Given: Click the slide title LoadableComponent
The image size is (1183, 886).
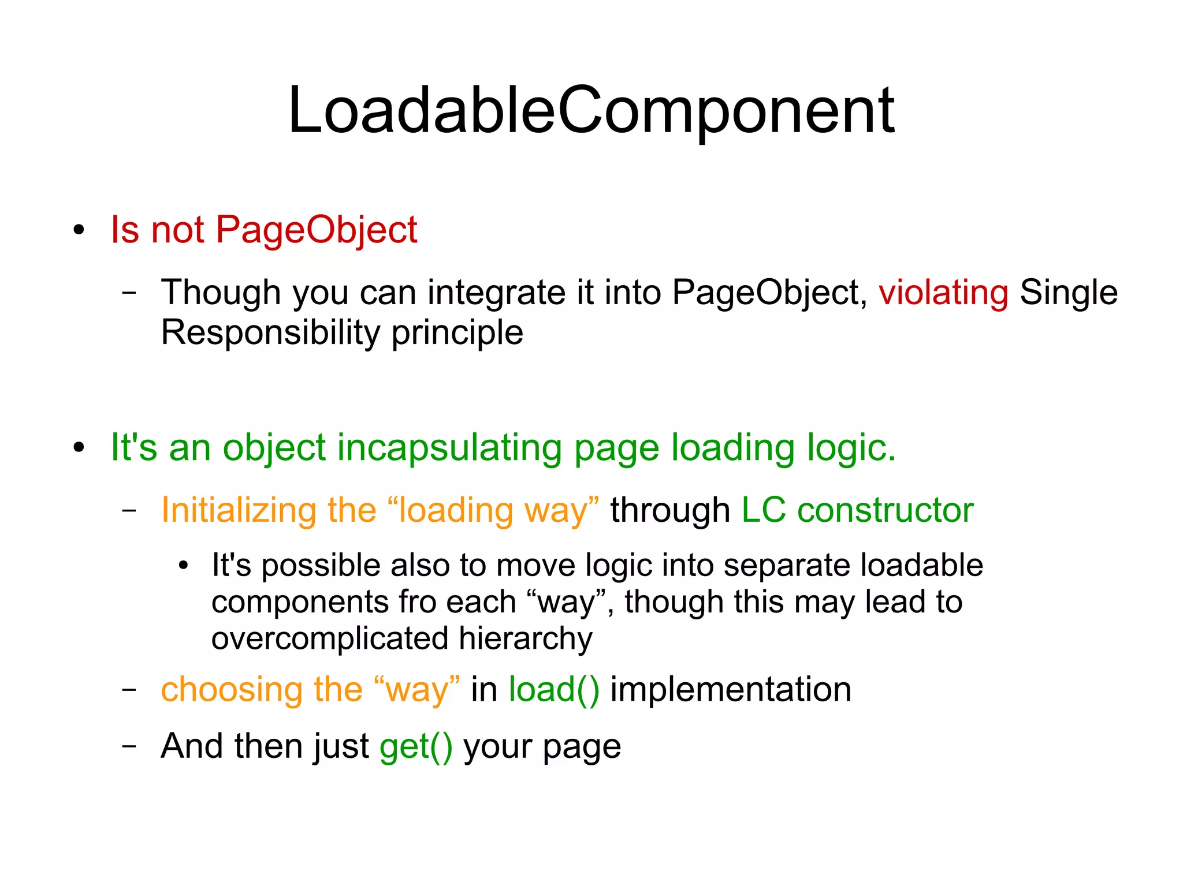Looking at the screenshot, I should tap(591, 111).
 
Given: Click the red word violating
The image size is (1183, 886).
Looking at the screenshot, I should tap(943, 292).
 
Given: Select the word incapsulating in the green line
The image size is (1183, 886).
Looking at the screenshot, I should tap(449, 448).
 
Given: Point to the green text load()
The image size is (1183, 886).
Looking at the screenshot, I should tap(553, 689).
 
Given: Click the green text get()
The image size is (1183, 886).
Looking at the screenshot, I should tap(416, 746).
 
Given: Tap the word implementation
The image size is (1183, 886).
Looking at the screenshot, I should tap(730, 689).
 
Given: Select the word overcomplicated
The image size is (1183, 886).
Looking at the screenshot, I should tap(330, 638).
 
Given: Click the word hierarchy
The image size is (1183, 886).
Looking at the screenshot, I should tap(526, 638).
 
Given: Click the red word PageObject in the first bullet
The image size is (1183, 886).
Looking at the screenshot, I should tap(316, 230).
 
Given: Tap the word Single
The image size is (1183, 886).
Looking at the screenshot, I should tap(1068, 292).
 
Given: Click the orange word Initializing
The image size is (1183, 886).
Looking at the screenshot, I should tap(239, 510).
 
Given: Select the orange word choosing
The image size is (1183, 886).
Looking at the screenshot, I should tap(232, 689).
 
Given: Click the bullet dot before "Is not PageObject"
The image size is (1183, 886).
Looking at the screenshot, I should tap(79, 230).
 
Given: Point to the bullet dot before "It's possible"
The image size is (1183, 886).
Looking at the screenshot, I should tap(183, 566).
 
